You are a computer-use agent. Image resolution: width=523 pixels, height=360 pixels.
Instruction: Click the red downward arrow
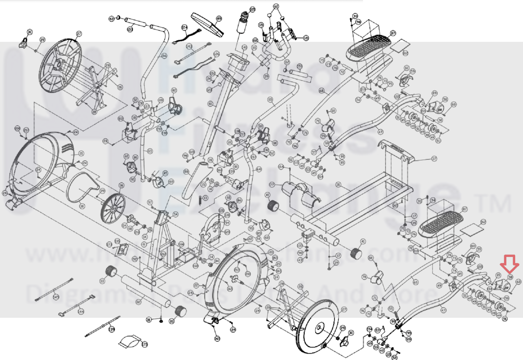pos(509,263)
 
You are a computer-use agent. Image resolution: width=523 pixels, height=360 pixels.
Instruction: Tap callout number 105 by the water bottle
pos(252,9)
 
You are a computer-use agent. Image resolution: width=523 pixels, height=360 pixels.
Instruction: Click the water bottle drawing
pos(243,23)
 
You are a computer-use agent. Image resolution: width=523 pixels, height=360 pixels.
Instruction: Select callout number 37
pos(434,159)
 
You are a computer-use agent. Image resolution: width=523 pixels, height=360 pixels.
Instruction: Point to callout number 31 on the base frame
pos(338,185)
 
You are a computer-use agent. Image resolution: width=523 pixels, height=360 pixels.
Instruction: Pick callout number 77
pos(272,185)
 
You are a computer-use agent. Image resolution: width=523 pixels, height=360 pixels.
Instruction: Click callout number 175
pos(145,344)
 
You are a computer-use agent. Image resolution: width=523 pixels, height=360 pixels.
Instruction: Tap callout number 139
pos(112,329)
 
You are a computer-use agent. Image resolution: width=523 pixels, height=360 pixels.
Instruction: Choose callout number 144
pos(81,312)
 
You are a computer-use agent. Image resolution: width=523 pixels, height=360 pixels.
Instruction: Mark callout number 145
pos(56,297)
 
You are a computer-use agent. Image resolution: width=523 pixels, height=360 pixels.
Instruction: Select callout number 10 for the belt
pos(82,206)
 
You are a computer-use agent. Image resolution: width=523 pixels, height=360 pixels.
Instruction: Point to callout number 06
pos(121,185)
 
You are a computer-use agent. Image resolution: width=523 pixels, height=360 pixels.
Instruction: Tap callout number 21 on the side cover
pos(81,153)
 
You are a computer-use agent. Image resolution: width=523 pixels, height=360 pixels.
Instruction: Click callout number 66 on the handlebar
pos(164,56)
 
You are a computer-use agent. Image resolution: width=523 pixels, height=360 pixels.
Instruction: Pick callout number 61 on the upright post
pos(210,104)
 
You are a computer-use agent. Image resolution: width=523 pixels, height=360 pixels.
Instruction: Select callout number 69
pos(416,282)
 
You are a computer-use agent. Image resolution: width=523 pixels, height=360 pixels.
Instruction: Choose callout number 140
pos(244,47)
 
